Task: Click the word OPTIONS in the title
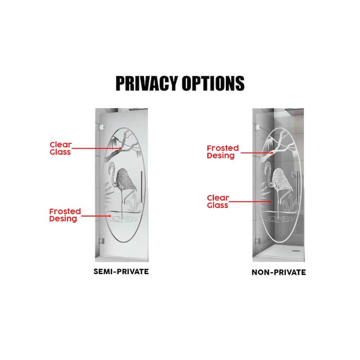tap(213, 83)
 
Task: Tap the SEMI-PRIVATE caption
tap(121, 272)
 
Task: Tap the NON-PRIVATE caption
tap(279, 272)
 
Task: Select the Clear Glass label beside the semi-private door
tap(60, 148)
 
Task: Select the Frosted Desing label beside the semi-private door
tap(65, 215)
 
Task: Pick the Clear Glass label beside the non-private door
tap(218, 201)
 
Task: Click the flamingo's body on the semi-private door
tap(127, 180)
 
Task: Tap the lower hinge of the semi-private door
tap(99, 241)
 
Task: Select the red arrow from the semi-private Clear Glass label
tap(97, 148)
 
